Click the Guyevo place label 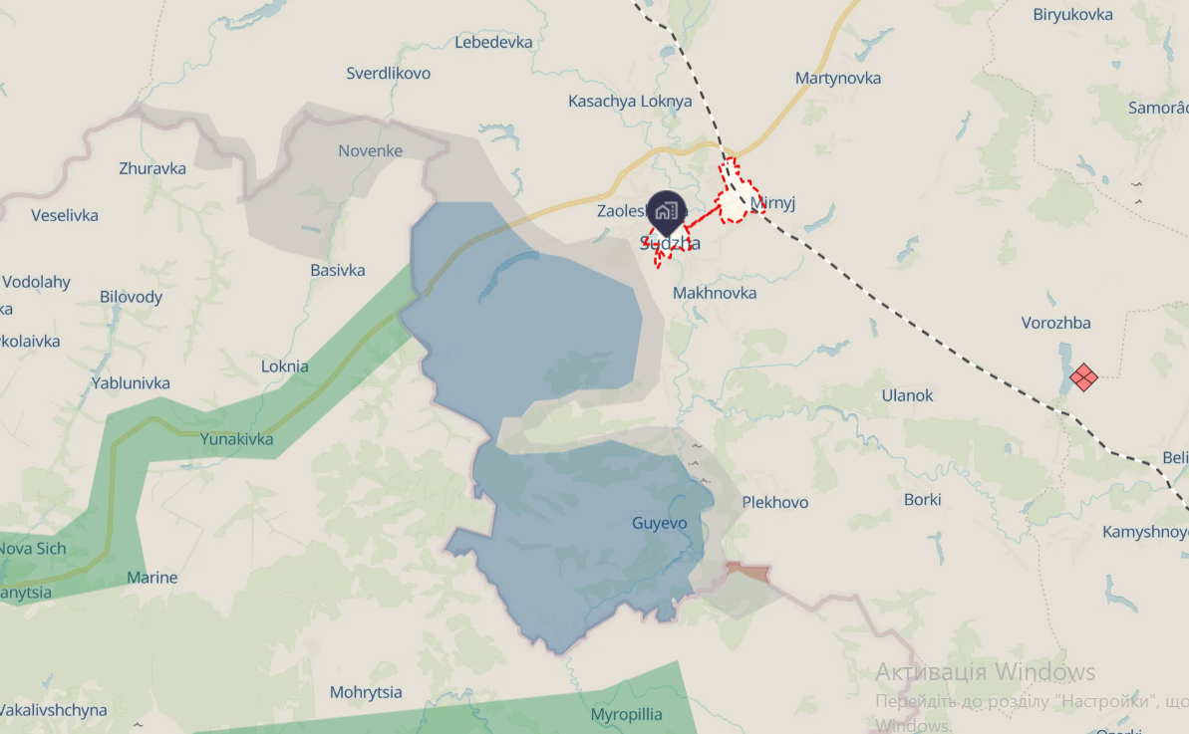660,523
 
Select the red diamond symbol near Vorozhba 1083,377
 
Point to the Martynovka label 838,78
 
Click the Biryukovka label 1072,14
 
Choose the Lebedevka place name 494,42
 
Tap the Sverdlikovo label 389,73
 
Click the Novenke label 371,150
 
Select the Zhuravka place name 152,168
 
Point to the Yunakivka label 236,439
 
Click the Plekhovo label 775,502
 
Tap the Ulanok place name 907,395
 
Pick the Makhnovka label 715,293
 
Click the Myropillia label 627,715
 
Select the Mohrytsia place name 366,691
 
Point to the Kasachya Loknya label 630,101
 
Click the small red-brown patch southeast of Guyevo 748,572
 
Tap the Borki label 922,499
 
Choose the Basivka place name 338,270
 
